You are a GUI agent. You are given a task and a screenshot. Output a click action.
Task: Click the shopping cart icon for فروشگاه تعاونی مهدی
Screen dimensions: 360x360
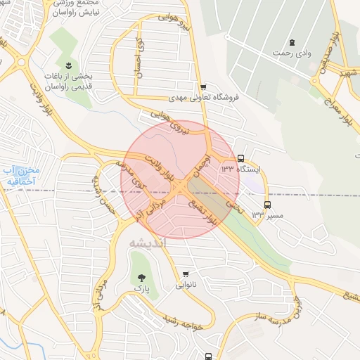pos(203,87)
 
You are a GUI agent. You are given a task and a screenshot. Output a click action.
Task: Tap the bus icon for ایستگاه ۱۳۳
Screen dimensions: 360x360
pos(241,158)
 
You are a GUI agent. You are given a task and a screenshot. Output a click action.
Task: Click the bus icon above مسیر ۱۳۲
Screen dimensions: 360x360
pos(266,205)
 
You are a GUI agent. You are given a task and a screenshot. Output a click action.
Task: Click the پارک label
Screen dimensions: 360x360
pos(143,288)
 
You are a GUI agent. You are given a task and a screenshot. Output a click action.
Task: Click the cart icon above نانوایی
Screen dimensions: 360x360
pos(185,274)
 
